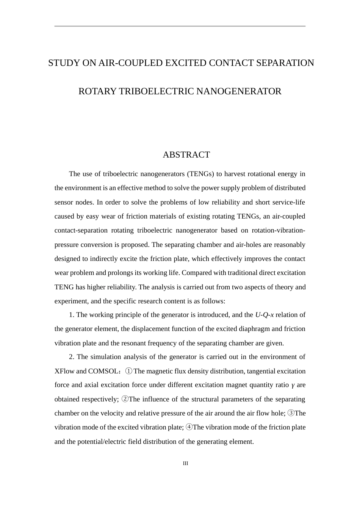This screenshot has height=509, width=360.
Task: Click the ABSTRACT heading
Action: (186, 155)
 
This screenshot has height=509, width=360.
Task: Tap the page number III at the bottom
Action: (185, 463)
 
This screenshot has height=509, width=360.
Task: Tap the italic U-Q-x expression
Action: (264, 315)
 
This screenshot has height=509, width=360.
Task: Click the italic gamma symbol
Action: (293, 385)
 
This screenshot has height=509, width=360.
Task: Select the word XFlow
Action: (64, 371)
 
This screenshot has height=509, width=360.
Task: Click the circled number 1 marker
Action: (129, 371)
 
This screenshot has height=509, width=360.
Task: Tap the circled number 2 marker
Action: (125, 399)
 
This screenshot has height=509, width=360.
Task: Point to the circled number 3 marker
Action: (291, 413)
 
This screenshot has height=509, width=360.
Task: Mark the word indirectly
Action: (103, 259)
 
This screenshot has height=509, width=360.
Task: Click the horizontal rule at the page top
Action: (180, 26)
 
